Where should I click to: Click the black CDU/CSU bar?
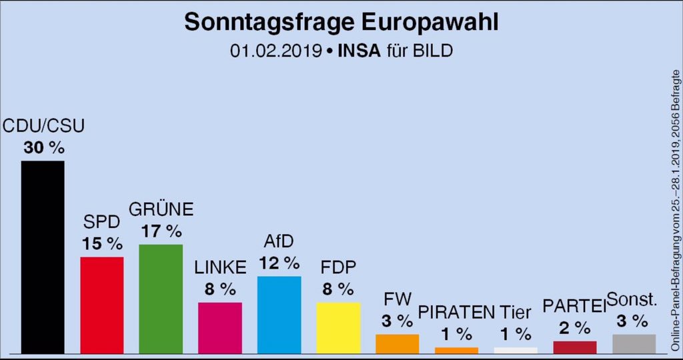43,257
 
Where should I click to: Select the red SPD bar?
101,305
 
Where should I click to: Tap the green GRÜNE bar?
161,299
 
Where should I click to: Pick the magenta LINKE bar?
220,327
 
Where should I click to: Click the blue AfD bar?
279,314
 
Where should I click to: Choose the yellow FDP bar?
338,327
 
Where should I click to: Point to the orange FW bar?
397,343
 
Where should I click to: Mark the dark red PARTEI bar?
574,347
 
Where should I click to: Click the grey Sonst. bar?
634,343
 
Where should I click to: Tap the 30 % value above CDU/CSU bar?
43,148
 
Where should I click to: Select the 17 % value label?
161,231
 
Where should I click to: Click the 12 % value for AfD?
279,263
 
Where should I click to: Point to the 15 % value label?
101,244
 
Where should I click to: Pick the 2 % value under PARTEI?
574,328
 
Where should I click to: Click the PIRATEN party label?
456,312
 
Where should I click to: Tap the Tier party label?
516,312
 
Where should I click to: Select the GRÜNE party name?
161,209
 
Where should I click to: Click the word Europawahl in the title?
430,22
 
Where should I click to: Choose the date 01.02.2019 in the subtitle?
274,51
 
